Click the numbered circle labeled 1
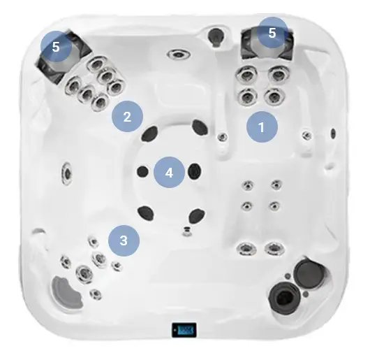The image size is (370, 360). [x=262, y=127]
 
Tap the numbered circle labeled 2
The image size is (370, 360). [x=127, y=116]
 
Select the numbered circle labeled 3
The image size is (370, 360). [x=124, y=240]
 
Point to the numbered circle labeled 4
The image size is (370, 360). [x=169, y=172]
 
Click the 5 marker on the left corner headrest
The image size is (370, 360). [x=56, y=47]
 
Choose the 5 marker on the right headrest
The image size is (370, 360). [x=272, y=33]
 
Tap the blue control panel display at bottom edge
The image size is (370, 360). [x=184, y=329]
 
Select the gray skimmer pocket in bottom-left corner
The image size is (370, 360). [x=66, y=292]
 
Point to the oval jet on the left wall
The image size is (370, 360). [x=67, y=174]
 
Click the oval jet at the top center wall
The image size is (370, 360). [x=179, y=55]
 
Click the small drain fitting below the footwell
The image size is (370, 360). [x=187, y=231]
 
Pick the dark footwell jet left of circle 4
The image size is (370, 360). [x=142, y=171]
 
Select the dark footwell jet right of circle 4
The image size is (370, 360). [x=195, y=171]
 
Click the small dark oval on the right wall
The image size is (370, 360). [x=333, y=134]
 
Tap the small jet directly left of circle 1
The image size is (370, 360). [x=222, y=137]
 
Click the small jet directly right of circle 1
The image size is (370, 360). [x=306, y=135]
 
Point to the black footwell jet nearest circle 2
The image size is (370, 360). [x=149, y=134]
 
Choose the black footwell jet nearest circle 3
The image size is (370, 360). [x=145, y=213]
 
